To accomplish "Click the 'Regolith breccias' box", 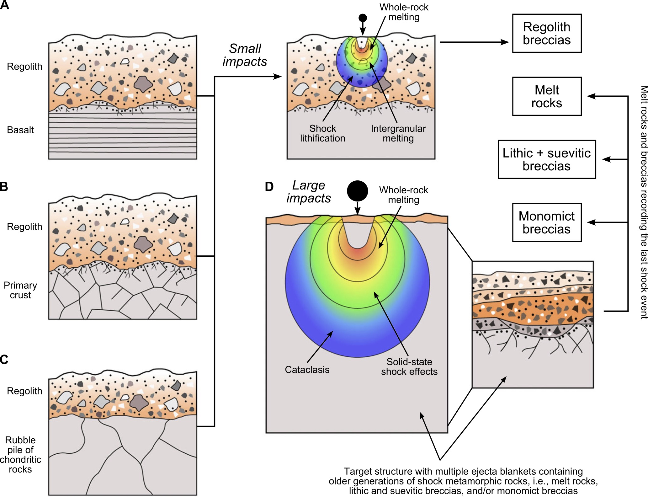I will (x=546, y=33).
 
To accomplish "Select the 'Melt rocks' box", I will (x=546, y=96).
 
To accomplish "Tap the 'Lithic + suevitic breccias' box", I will (x=546, y=159).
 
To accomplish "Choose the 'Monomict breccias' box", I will (x=546, y=222).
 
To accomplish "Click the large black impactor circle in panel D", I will (x=357, y=191).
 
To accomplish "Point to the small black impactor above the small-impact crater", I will (x=363, y=18).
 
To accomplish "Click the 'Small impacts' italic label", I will (x=245, y=55).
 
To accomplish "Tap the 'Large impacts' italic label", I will (x=309, y=192).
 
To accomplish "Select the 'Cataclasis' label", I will (x=307, y=370).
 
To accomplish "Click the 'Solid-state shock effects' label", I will (x=409, y=366).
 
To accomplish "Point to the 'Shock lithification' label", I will (x=322, y=133).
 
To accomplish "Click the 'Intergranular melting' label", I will (x=398, y=133).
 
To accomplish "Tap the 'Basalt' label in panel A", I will (x=20, y=130).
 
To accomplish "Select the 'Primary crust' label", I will (x=20, y=290).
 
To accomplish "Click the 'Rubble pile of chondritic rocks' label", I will (x=20, y=454).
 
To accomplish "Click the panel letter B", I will (x=4, y=186).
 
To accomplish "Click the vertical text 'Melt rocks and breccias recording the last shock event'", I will (x=644, y=202).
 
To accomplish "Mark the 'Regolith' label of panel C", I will (x=24, y=391).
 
